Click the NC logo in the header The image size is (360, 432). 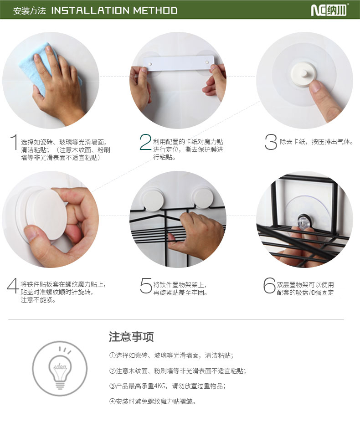point(329,10)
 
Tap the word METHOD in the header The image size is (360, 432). point(155,10)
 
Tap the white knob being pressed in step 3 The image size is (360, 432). point(303,74)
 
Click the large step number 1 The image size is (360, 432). point(14,142)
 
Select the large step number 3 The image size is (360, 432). point(271,142)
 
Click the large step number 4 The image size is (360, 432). point(12,285)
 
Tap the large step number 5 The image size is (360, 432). point(146,285)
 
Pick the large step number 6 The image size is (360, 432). point(269,285)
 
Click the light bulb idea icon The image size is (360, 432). point(60,369)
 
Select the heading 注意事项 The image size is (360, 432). point(131,337)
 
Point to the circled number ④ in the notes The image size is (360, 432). point(112,401)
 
